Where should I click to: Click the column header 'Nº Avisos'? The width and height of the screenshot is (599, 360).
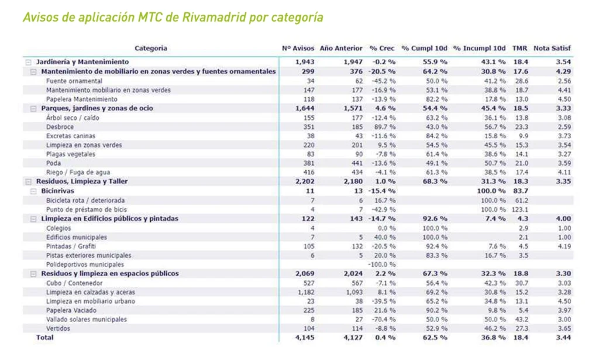coord(298,48)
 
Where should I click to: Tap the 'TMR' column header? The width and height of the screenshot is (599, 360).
coord(519,48)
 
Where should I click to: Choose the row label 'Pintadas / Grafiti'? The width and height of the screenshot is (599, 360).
coord(71,246)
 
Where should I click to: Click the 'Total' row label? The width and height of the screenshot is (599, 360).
coord(44,337)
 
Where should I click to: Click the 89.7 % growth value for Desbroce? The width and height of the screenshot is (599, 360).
coord(384,126)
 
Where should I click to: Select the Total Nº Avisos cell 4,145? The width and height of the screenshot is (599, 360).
coord(305,337)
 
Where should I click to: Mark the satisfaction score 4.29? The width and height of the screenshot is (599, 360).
coord(563,71)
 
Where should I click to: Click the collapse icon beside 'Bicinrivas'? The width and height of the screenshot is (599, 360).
coord(33,191)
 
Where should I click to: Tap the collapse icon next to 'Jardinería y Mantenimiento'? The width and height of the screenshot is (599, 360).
coord(27,61)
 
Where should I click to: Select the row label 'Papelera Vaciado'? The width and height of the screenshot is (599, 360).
coord(71,310)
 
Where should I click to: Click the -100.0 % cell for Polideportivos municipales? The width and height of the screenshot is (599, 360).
coord(381,264)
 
